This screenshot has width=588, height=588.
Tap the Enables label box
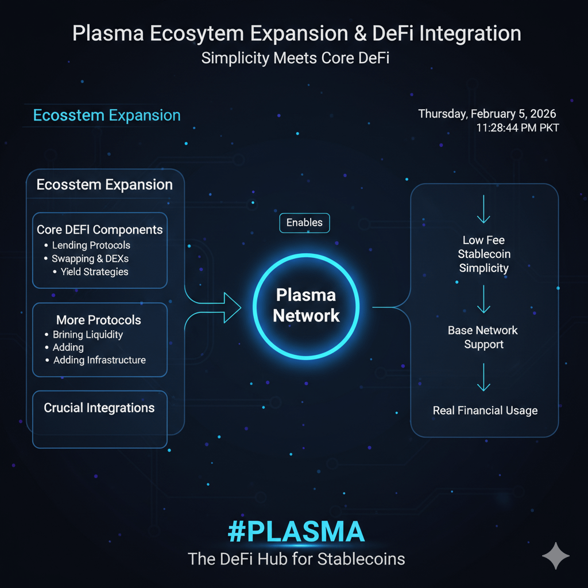[x=304, y=223]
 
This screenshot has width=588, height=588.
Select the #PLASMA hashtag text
[x=296, y=532]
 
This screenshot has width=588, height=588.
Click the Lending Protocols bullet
[x=91, y=245]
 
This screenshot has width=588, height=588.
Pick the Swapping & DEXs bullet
[x=90, y=258]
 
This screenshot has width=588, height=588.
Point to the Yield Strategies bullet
[x=94, y=272]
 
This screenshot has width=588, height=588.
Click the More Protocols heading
[x=99, y=320]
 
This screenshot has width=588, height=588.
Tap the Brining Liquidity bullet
[x=87, y=334]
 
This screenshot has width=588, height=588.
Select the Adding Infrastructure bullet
[x=99, y=360]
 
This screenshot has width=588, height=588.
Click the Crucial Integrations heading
[x=99, y=408]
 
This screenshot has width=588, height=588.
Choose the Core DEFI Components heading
[x=100, y=230]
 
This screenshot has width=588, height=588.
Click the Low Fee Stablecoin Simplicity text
[x=484, y=254]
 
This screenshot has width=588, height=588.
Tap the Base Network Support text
[x=483, y=337]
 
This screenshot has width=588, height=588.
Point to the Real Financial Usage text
[x=485, y=411]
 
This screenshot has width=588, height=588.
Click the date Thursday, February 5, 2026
[x=487, y=114]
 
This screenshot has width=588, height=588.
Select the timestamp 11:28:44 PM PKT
[x=517, y=127]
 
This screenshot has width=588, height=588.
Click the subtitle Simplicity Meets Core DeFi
[x=296, y=58]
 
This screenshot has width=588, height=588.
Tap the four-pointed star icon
[x=556, y=555]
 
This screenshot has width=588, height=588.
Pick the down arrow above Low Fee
[x=483, y=209]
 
